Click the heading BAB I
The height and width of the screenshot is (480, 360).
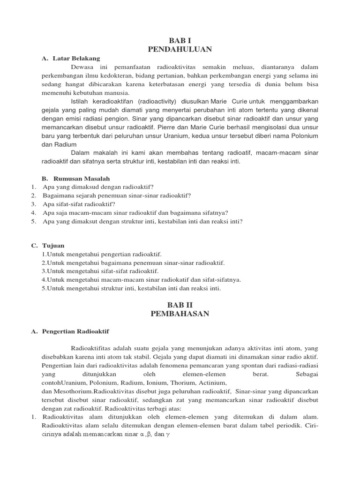click(x=180, y=40)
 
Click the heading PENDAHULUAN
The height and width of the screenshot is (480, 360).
click(x=180, y=49)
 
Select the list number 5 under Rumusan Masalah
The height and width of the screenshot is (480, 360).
click(x=34, y=221)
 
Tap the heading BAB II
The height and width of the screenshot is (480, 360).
click(x=180, y=305)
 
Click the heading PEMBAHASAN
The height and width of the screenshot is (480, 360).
click(x=180, y=314)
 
